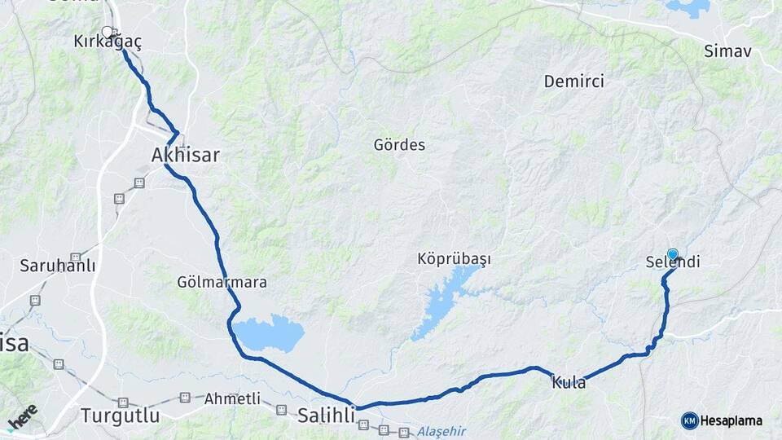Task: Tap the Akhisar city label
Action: [186, 155]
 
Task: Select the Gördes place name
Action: [399, 145]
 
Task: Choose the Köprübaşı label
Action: [455, 259]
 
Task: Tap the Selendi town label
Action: [673, 263]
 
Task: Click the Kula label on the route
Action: [569, 382]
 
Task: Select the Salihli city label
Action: [326, 415]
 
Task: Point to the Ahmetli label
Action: [232, 398]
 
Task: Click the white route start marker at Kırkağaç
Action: [107, 33]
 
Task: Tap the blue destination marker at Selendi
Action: [673, 254]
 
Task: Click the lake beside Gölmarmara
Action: [268, 333]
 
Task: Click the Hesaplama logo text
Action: [731, 420]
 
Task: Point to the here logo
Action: [22, 417]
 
